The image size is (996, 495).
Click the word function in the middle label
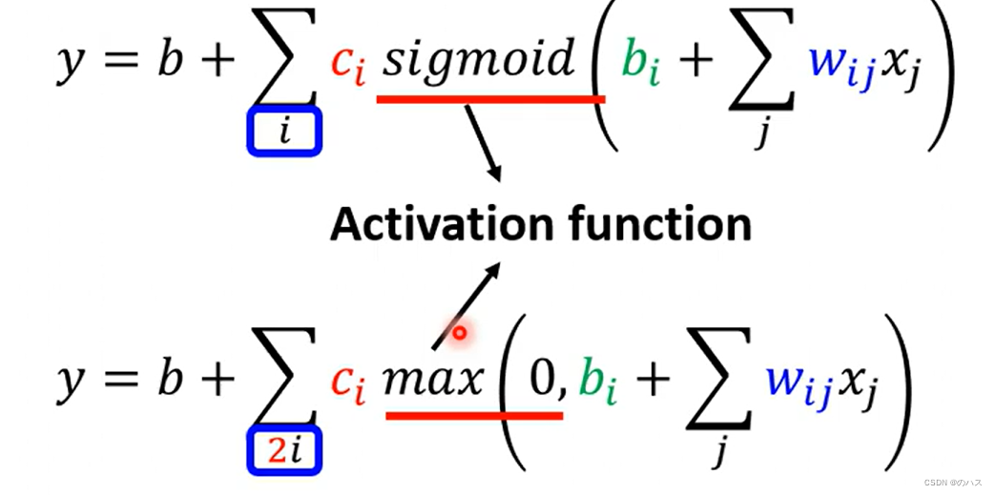point(657,224)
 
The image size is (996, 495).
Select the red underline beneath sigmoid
point(490,97)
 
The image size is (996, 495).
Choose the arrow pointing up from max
point(467,305)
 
